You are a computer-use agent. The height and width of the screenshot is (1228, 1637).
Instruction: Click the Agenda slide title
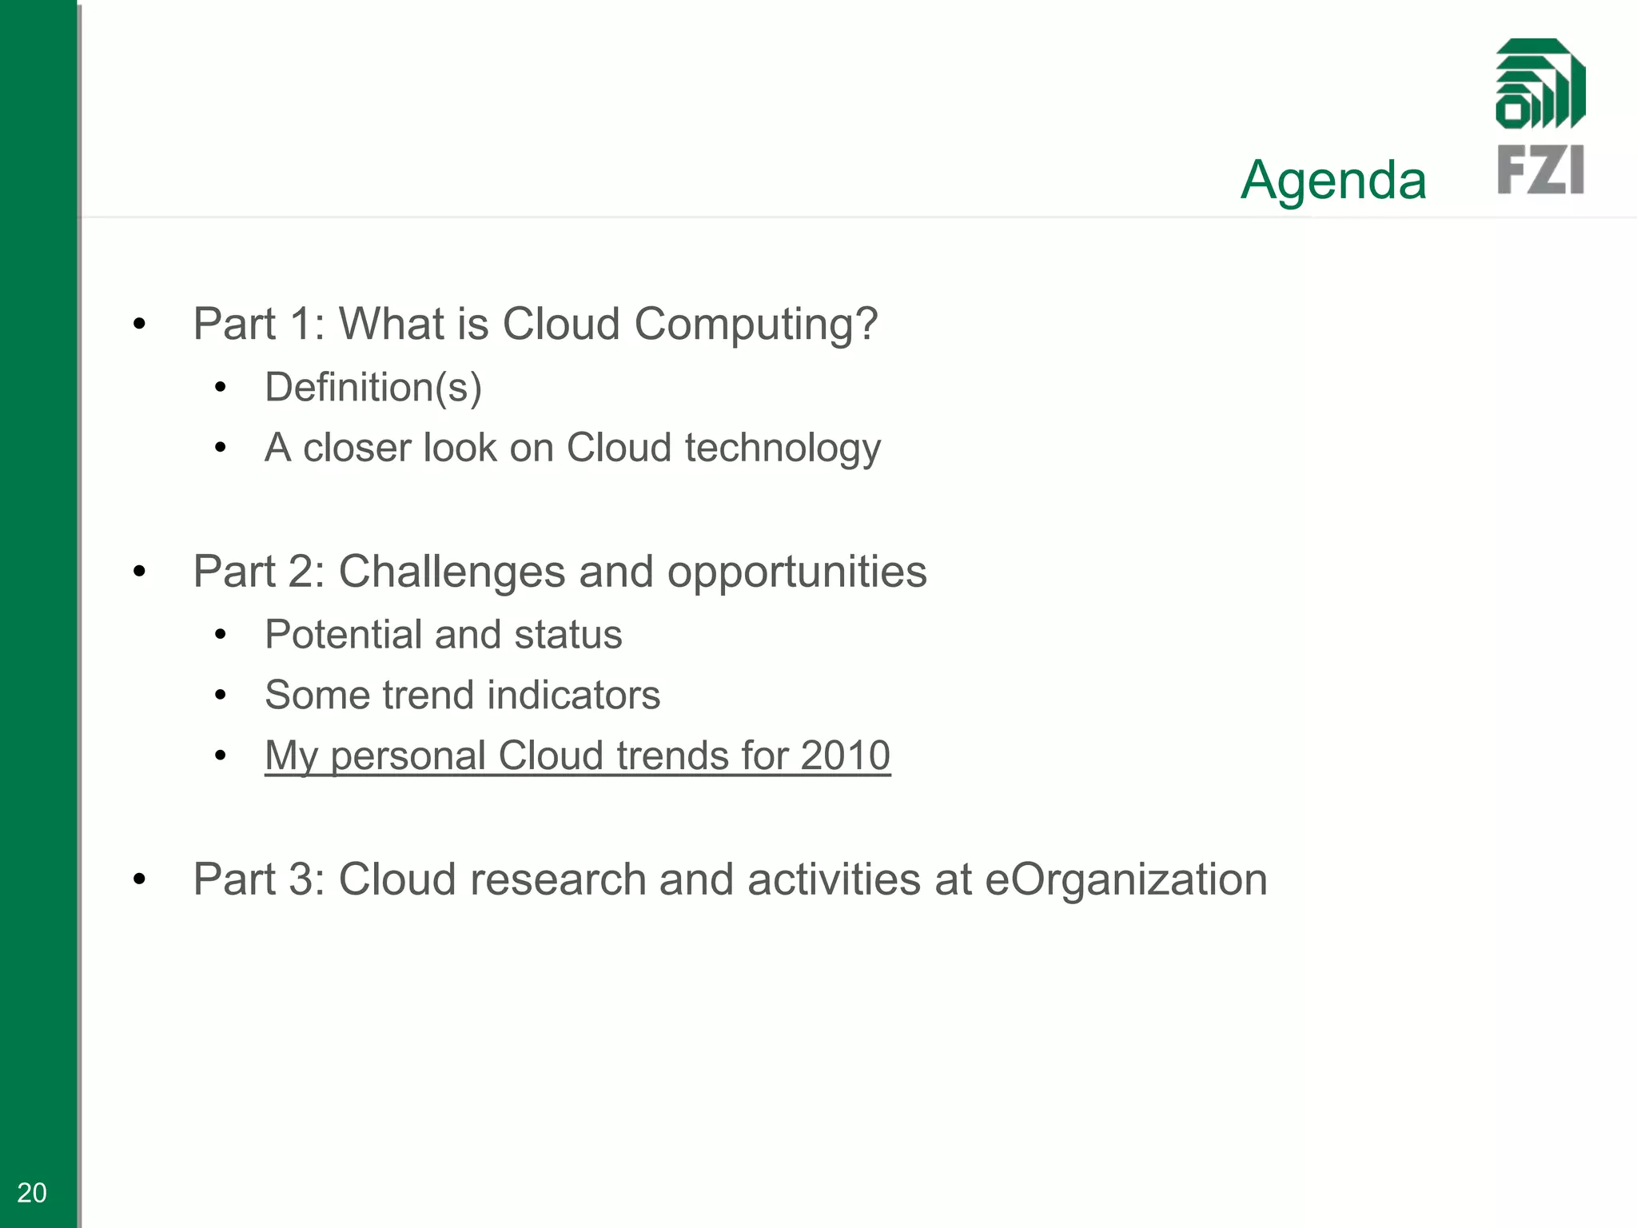coord(1332,180)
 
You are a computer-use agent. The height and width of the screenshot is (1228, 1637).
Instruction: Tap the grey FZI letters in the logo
coord(1539,169)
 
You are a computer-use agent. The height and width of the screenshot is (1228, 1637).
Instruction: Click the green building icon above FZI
coord(1539,84)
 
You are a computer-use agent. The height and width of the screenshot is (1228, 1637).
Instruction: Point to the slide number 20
coord(32,1193)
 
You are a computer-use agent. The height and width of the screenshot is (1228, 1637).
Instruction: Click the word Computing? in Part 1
coord(755,325)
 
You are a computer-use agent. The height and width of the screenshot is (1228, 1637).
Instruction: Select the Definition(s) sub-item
coord(373,388)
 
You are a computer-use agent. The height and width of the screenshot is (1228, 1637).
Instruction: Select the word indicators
coord(573,695)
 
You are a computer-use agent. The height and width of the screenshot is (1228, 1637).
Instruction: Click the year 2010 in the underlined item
coord(845,756)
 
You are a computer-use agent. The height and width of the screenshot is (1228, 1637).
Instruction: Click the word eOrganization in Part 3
coord(1125,880)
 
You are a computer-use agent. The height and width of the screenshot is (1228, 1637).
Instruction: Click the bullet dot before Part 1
coord(140,325)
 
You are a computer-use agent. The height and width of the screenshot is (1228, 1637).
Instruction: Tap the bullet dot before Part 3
coord(140,880)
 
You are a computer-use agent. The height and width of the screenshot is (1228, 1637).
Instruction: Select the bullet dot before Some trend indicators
coord(221,695)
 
